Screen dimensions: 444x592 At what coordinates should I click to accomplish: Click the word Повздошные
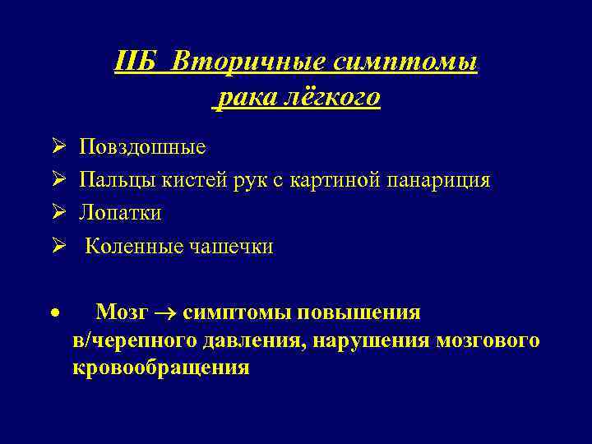coord(142,148)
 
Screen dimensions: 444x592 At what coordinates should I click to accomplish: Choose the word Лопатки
coord(120,213)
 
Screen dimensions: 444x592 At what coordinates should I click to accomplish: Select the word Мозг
coord(122,313)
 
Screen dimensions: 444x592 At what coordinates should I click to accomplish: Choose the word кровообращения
coord(160,368)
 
